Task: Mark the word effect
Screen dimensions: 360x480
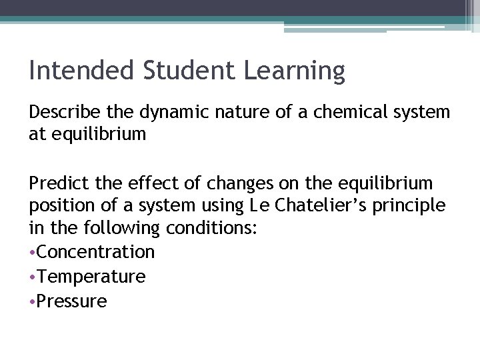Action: [155, 183]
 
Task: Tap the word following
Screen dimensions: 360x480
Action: [120, 229]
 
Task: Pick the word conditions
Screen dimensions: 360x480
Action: [213, 229]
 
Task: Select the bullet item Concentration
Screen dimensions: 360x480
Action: [96, 252]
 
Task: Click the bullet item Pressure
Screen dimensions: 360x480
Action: [72, 301]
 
